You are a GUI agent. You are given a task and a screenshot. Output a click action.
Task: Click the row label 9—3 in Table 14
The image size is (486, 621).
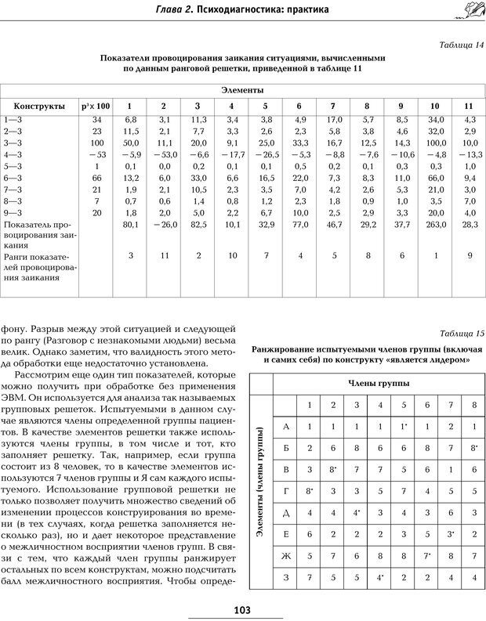point(13,213)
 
